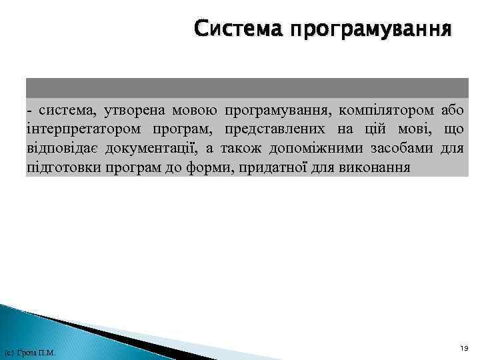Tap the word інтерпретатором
pyautogui.click(x=77, y=128)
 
